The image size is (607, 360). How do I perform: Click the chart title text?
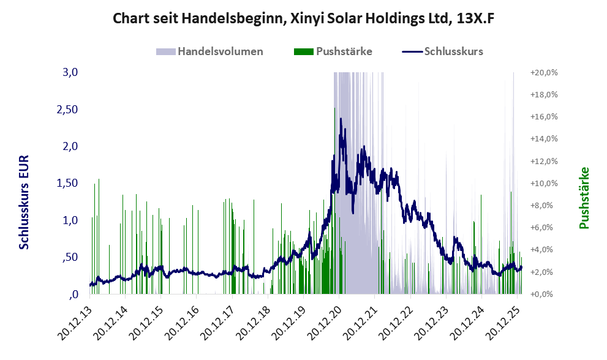tap(303, 19)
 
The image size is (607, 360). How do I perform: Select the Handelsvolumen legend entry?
tap(220, 51)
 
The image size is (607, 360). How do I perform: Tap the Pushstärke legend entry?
tap(344, 51)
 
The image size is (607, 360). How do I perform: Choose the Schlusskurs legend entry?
tap(453, 51)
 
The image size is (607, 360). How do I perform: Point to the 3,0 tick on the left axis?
tap(70, 72)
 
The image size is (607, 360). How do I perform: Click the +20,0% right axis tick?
tap(543, 72)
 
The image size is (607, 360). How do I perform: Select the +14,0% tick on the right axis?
tap(543, 139)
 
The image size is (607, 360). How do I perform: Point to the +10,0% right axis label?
tap(543, 183)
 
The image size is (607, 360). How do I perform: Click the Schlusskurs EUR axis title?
tap(25, 202)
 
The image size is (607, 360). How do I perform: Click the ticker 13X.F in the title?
tap(473, 19)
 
